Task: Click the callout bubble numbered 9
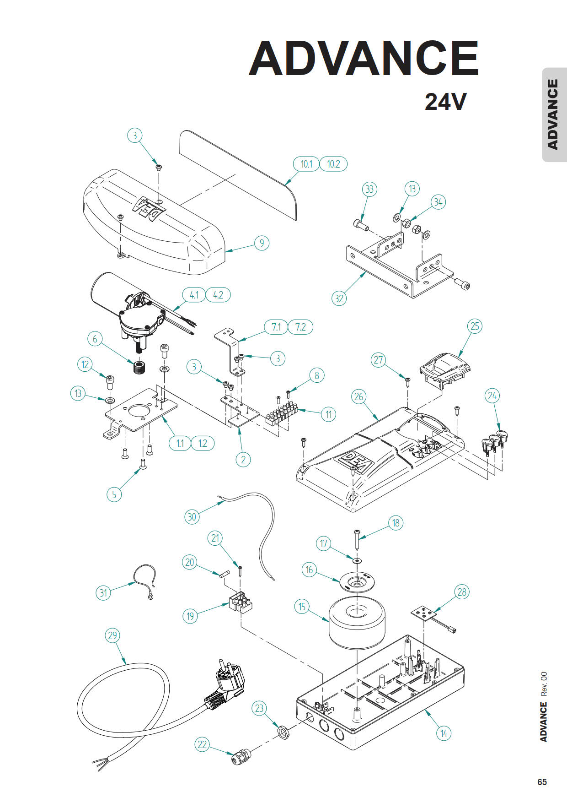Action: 262,243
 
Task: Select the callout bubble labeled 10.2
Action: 333,164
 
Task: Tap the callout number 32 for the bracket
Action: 339,298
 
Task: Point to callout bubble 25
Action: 475,326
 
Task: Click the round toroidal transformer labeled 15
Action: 357,624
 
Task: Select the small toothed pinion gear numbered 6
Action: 139,367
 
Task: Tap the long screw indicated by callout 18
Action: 357,541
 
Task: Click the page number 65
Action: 542,782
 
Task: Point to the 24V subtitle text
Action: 445,102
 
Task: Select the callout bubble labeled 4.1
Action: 194,295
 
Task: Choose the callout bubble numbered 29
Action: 112,635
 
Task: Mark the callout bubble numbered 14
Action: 444,733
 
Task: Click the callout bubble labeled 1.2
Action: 203,443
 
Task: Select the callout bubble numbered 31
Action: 103,593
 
